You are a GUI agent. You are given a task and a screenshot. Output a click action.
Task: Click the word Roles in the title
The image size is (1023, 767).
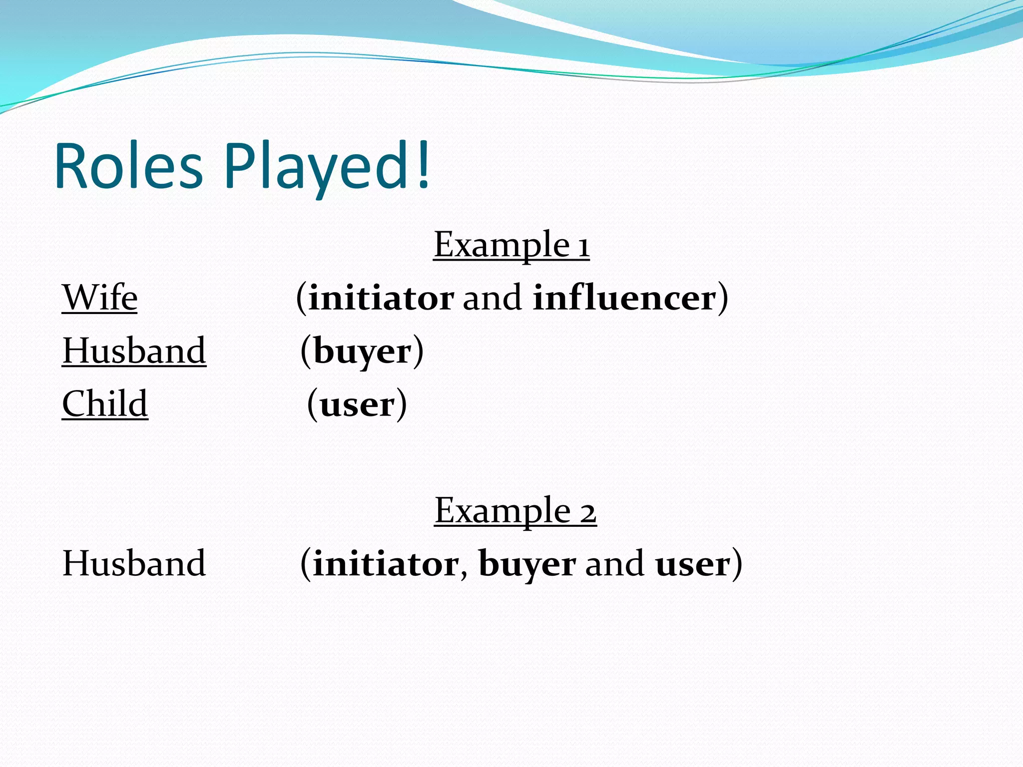[129, 166]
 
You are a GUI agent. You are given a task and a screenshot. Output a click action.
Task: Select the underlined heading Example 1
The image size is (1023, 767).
[511, 245]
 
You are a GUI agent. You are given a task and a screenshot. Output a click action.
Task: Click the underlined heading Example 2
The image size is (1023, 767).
[515, 511]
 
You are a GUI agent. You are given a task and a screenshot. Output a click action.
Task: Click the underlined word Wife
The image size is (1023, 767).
[99, 298]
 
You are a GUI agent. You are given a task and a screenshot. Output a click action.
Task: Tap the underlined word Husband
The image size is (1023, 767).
[134, 351]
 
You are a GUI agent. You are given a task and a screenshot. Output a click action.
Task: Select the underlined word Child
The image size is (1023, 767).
[105, 403]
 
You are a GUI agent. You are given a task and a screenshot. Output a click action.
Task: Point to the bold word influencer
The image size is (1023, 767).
[624, 298]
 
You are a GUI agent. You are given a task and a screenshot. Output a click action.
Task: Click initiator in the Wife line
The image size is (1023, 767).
[381, 298]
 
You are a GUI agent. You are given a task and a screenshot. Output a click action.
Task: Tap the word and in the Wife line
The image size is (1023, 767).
[492, 299]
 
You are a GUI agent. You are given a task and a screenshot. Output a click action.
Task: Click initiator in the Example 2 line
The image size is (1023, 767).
[385, 564]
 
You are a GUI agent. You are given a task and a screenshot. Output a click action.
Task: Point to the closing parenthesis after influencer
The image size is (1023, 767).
[723, 299]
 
